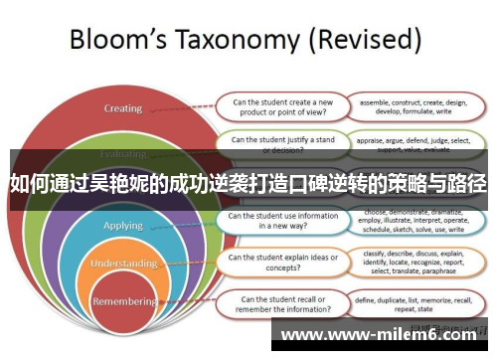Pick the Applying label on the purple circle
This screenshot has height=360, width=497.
124,226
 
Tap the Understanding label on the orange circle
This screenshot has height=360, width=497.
124,264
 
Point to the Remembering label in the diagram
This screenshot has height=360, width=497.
124,300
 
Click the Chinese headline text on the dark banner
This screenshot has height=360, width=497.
248,183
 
